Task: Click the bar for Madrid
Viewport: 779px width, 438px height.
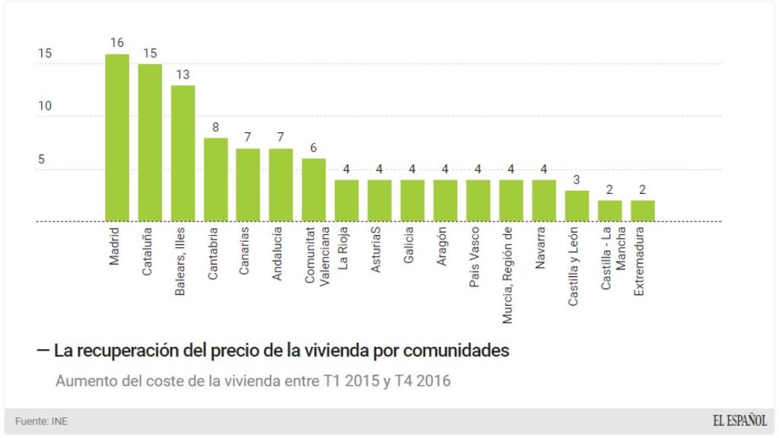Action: (116, 138)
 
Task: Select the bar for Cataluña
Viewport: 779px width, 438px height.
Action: (150, 143)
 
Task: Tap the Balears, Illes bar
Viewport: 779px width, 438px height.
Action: (183, 154)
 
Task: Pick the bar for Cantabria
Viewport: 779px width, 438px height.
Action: (215, 179)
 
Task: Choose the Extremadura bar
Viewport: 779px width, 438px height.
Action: (643, 211)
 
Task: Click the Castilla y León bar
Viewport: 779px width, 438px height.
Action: (577, 206)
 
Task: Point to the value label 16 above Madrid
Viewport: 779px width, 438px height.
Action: (116, 43)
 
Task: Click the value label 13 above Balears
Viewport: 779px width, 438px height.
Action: (183, 75)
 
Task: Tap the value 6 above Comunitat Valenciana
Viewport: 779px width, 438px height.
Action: (313, 148)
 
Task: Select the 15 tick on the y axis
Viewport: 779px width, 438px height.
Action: (46, 54)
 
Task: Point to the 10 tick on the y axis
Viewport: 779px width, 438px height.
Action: (46, 106)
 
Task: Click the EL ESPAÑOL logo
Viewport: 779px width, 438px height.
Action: (739, 420)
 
